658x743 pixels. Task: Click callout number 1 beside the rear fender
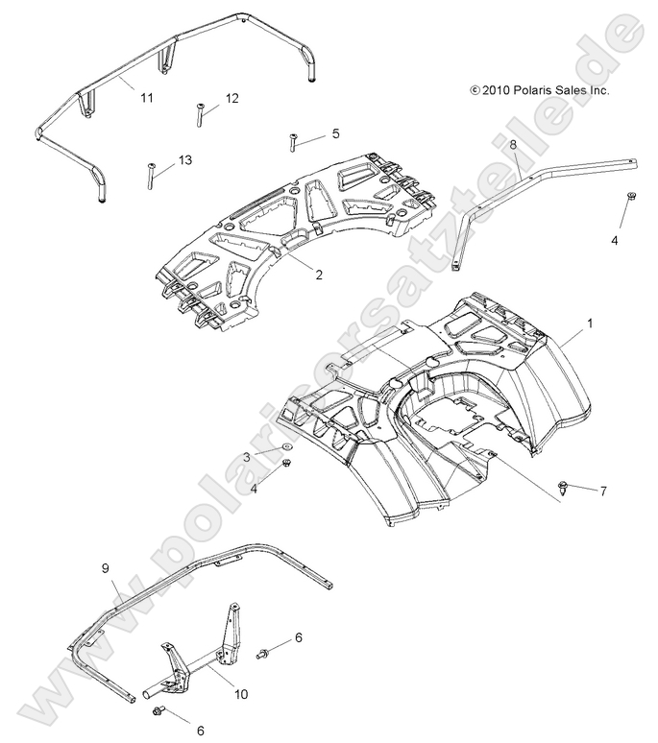(x=590, y=324)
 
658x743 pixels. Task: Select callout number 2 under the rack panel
(x=318, y=275)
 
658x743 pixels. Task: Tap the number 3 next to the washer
(x=246, y=456)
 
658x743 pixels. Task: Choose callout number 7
(x=602, y=491)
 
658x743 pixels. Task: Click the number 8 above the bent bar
(x=513, y=143)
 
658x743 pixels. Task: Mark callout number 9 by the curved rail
(x=106, y=569)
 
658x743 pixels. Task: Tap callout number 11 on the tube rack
(x=146, y=98)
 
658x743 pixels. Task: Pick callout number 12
(x=232, y=98)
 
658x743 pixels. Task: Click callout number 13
(x=184, y=159)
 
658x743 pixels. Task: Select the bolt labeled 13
(x=152, y=176)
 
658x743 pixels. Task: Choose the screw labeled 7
(x=563, y=489)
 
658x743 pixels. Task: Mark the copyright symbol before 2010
(x=475, y=90)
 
